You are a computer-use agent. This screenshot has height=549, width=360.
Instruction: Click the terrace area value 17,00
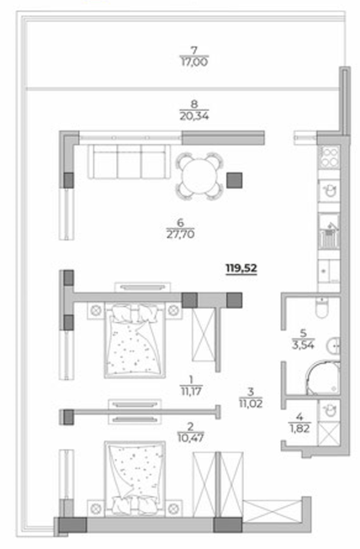point(194,62)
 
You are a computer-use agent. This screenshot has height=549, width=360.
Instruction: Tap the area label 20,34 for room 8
point(194,116)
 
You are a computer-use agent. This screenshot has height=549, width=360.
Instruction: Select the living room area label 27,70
point(181,234)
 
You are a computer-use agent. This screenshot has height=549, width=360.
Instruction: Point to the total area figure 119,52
point(241,268)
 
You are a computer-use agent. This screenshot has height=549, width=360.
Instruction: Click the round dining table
point(199,176)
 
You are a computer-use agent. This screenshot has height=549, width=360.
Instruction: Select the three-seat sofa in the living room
point(129,161)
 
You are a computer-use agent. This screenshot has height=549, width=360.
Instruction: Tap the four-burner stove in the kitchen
point(329,157)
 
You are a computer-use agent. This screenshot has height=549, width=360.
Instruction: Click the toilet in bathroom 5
point(322,307)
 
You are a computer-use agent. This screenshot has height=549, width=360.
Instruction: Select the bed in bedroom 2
point(135,478)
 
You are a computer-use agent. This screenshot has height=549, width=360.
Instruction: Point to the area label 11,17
point(192,390)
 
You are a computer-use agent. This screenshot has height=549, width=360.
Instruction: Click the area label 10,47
point(191,437)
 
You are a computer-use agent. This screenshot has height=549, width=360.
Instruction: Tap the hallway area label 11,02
point(251,403)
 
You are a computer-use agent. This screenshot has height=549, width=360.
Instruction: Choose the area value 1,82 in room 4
point(300,428)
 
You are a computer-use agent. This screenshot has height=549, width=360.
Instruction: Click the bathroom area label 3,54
point(303,345)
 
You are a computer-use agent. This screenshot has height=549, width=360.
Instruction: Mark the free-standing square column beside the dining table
point(234,180)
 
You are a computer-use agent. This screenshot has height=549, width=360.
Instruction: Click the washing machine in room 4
point(329,411)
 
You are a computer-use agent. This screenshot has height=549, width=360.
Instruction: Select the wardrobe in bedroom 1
point(203,335)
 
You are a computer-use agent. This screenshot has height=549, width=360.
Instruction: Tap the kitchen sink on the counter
point(329,191)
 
